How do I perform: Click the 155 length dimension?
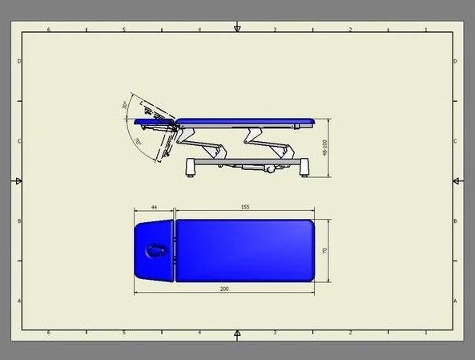pyautogui.click(x=245, y=208)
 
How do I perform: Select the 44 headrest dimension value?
pyautogui.click(x=154, y=208)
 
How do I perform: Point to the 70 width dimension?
pyautogui.click(x=325, y=250)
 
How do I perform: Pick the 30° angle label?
pyautogui.click(x=125, y=106)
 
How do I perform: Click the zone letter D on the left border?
pyautogui.click(x=18, y=62)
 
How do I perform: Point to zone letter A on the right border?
pyautogui.click(x=456, y=301)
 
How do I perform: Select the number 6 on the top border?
pyautogui.click(x=49, y=30)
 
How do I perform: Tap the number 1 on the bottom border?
pyautogui.click(x=425, y=331)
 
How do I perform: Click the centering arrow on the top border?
pyautogui.click(x=237, y=29)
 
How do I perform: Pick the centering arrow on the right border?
pyautogui.click(x=456, y=181)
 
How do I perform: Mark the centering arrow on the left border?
pyautogui.click(x=18, y=181)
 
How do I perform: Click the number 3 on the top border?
pyautogui.click(x=275, y=30)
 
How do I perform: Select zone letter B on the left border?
pyautogui.click(x=18, y=221)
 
